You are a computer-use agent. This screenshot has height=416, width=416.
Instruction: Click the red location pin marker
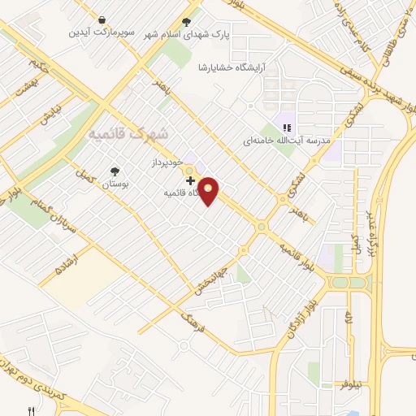coord(209,190)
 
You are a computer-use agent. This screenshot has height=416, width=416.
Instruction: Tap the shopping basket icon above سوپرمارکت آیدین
coord(102,19)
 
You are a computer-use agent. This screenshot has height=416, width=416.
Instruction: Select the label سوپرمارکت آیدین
coord(101,32)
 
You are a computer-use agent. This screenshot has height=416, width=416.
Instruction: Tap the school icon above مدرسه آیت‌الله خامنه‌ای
coord(286,126)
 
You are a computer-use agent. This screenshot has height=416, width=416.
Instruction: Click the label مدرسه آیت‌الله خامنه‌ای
coord(288,140)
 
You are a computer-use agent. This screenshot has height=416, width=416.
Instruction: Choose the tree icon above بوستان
coord(115,171)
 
